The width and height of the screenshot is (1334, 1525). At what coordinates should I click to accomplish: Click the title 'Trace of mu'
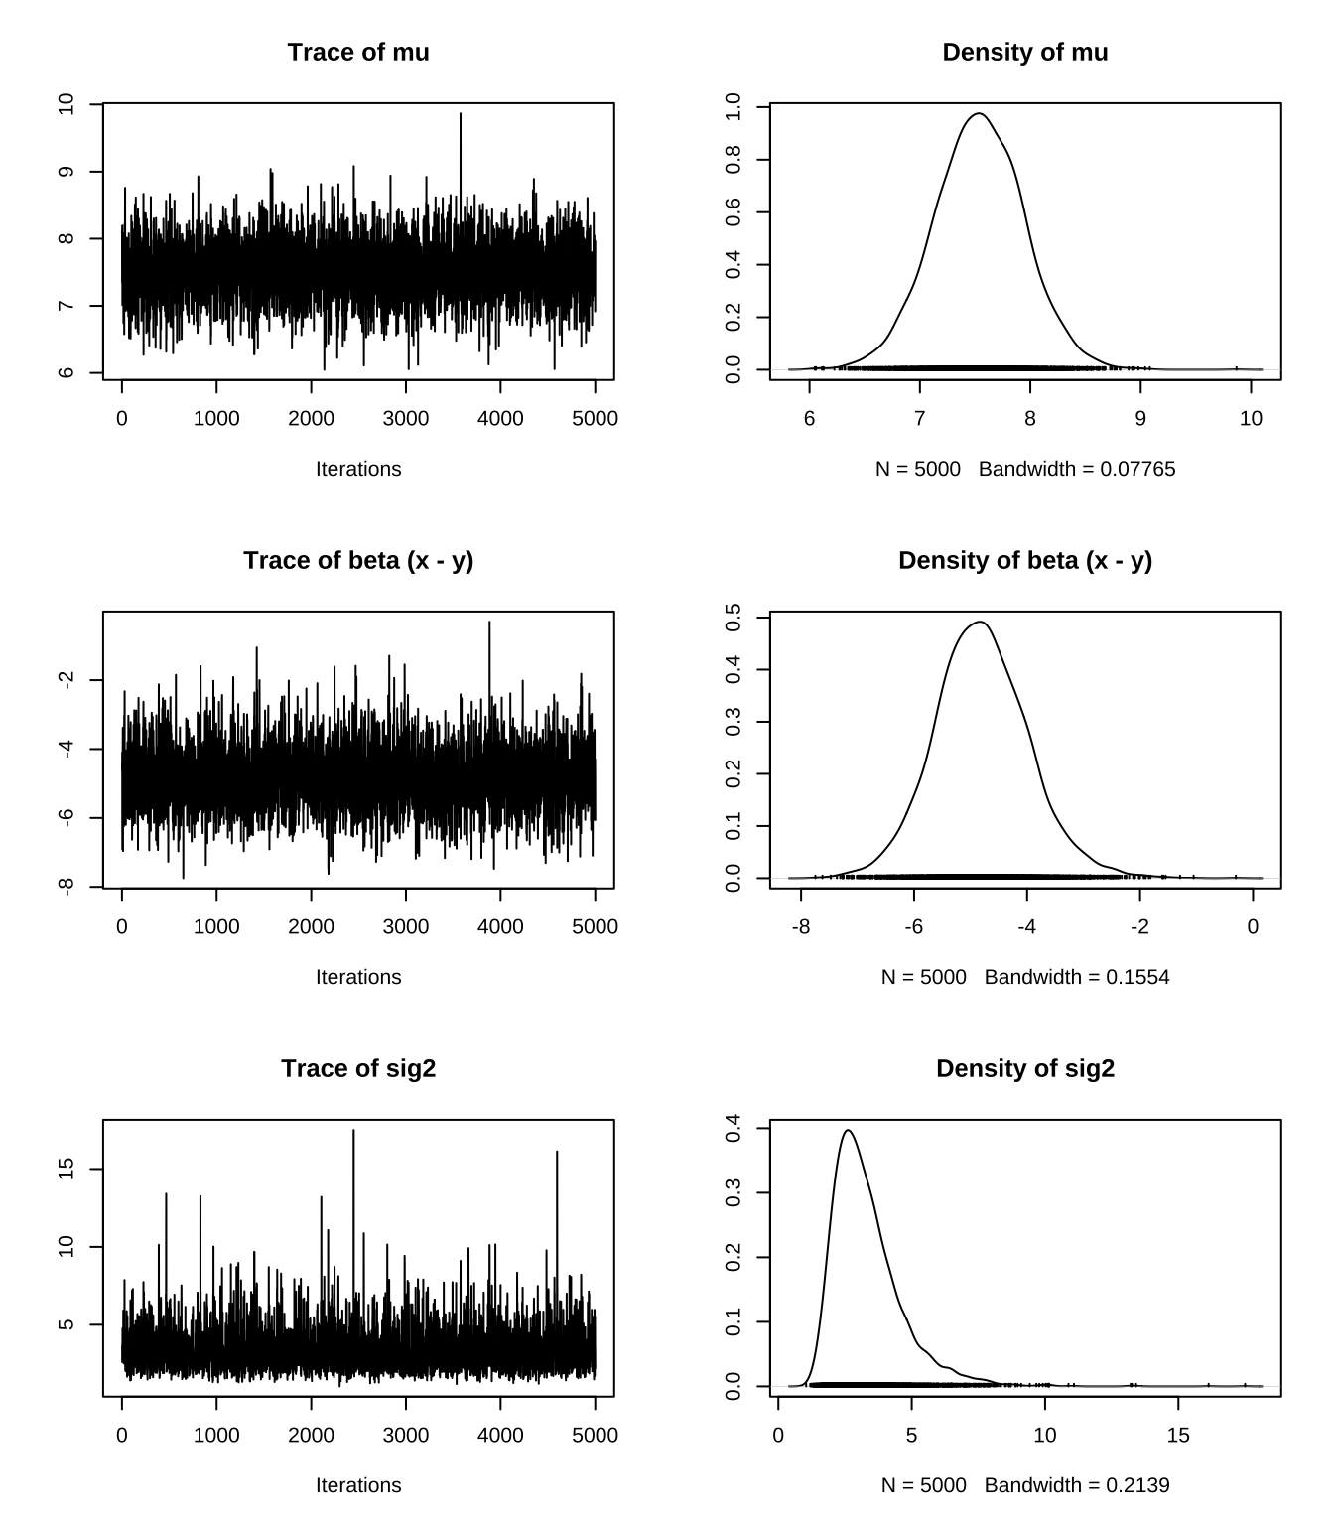[x=358, y=53]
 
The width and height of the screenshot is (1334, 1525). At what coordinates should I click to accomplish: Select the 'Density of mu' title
[x=1024, y=53]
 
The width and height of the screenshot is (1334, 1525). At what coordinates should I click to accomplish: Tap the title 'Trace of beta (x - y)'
[x=358, y=561]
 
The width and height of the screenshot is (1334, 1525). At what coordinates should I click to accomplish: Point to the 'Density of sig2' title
[x=1024, y=1069]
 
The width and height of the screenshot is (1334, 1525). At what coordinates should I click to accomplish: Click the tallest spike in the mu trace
[x=461, y=115]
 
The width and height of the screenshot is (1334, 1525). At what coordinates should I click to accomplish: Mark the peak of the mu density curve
[x=979, y=114]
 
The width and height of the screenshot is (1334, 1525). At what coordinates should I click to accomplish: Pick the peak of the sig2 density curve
[x=848, y=1130]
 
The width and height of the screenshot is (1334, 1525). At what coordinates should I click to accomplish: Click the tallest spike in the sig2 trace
[x=353, y=1131]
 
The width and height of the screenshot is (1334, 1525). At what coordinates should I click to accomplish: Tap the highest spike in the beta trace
[x=489, y=623]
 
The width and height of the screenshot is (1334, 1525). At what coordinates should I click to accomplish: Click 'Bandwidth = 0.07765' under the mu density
[x=1077, y=469]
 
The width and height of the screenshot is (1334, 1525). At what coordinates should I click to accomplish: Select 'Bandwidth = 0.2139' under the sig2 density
[x=1077, y=1485]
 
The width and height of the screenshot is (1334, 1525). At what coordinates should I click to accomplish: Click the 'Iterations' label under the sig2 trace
[x=358, y=1485]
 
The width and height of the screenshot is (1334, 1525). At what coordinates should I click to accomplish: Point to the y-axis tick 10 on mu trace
[x=67, y=104]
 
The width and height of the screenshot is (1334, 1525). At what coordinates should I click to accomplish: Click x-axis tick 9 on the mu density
[x=1140, y=418]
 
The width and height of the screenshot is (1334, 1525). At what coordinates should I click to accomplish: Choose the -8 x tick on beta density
[x=801, y=926]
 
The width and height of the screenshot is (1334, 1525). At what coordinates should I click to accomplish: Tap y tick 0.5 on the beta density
[x=734, y=618]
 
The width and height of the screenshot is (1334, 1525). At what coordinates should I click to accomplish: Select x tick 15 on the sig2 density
[x=1178, y=1435]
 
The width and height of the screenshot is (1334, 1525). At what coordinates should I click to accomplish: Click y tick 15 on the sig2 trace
[x=67, y=1169]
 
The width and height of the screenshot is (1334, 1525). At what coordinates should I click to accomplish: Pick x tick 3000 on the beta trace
[x=406, y=926]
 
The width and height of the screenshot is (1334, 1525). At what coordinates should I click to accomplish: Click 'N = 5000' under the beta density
[x=923, y=977]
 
